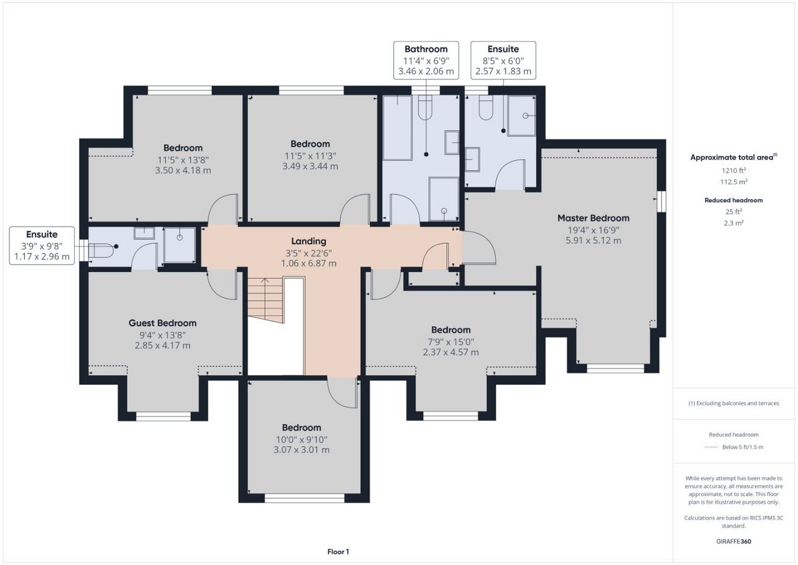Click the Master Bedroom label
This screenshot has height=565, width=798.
(x=593, y=218)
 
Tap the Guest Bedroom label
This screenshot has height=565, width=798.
(x=163, y=323)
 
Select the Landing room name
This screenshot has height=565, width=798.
(x=309, y=241)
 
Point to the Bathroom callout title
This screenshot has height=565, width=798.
(x=426, y=49)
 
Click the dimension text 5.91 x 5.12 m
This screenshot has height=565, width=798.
(x=593, y=241)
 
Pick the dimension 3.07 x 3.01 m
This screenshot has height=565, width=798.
(x=301, y=450)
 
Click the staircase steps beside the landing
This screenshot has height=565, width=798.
(x=266, y=301)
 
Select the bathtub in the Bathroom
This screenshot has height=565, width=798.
(x=397, y=128)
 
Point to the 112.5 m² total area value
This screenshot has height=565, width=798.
(x=734, y=181)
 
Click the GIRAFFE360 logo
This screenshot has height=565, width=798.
(x=734, y=541)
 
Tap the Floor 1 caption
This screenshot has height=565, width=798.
(x=338, y=552)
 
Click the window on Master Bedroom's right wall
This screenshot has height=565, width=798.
(x=661, y=201)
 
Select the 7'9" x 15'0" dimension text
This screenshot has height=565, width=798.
(x=451, y=342)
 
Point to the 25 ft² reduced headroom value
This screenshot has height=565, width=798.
(x=734, y=211)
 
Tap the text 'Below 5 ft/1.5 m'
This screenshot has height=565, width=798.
(x=743, y=447)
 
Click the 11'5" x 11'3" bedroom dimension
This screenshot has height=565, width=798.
(x=310, y=156)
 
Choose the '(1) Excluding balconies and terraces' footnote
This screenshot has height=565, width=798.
(x=734, y=403)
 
